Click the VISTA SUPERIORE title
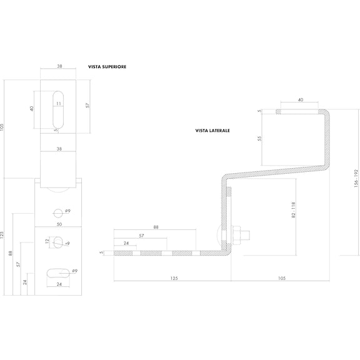[107, 67]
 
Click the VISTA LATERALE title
[212, 131]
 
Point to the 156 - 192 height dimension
[356, 179]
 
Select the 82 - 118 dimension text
[293, 210]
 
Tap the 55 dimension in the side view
[259, 139]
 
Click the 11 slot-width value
[59, 104]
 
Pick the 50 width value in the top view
[59, 224]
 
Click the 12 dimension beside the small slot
[47, 241]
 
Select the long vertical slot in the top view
[58, 110]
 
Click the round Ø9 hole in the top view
[58, 213]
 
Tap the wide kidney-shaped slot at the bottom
[58, 273]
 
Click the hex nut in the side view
[237, 235]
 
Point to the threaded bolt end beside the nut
[246, 235]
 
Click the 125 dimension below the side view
[174, 278]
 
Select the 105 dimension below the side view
[282, 278]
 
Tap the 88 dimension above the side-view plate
[156, 227]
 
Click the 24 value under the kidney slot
[59, 284]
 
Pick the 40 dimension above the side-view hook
[301, 99]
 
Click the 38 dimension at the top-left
[59, 66]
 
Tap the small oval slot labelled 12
[57, 242]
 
